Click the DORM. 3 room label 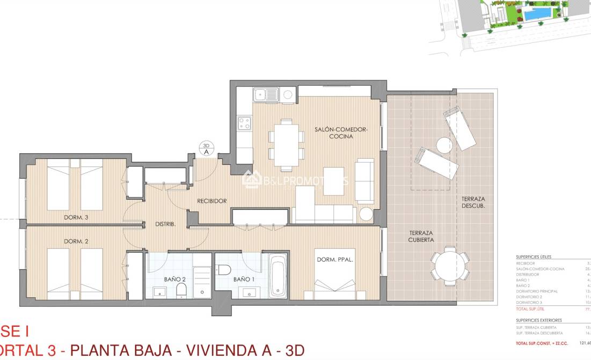(76, 217)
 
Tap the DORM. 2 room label (76, 241)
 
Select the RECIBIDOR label (211, 201)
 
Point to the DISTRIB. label (165, 224)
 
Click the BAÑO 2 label (174, 279)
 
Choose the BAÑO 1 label (244, 279)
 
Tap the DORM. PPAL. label (335, 260)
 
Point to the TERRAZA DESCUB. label (473, 202)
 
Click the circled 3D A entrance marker (206, 149)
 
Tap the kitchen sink (266, 95)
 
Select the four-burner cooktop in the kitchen (245, 123)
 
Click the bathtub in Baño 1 (278, 276)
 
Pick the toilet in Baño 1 (224, 269)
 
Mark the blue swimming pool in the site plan (537, 14)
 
